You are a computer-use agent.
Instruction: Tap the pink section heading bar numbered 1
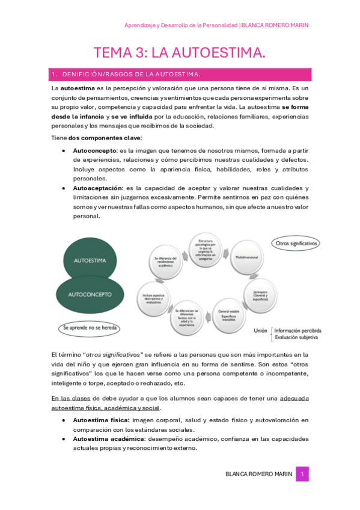pos(180,74)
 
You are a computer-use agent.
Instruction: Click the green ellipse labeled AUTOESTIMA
pos(90,262)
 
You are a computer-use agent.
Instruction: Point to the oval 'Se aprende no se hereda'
pos(90,328)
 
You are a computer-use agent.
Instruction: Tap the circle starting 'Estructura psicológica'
pos(203,248)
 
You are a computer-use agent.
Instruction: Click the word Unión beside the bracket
pos(260,330)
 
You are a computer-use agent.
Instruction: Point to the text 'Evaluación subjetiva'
pos(298,337)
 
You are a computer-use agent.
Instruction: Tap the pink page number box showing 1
pos(304,474)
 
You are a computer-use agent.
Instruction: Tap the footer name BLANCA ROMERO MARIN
pos(259,474)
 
